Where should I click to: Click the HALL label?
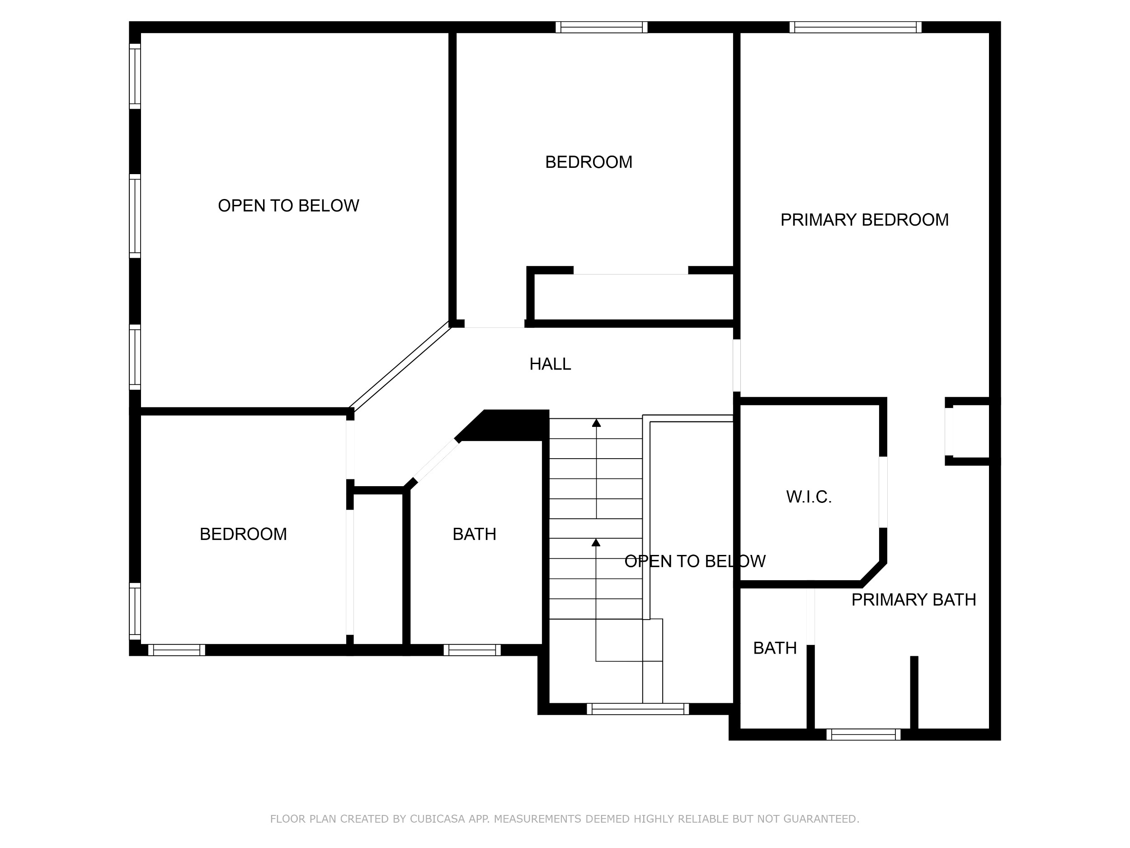(x=550, y=364)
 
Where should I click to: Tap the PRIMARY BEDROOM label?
(x=864, y=220)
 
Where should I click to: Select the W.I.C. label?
(x=809, y=497)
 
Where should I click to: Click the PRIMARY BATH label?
(x=913, y=600)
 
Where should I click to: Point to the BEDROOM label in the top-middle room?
(x=589, y=162)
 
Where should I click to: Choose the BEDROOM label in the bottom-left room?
(x=243, y=534)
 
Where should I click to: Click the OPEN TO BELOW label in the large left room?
(x=289, y=205)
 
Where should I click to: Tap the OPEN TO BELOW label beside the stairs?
(x=695, y=561)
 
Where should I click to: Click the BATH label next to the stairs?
(x=474, y=534)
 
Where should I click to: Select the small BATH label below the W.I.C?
(x=775, y=648)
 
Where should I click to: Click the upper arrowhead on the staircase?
(x=596, y=423)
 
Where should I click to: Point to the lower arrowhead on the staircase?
(x=596, y=542)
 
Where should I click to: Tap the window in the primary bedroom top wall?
(x=856, y=27)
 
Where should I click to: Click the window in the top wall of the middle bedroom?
(x=602, y=27)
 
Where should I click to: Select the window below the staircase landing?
(x=637, y=709)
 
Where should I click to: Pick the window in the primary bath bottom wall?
(x=863, y=734)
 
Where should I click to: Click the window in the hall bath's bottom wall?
(x=472, y=650)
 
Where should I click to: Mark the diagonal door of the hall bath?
(x=435, y=462)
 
